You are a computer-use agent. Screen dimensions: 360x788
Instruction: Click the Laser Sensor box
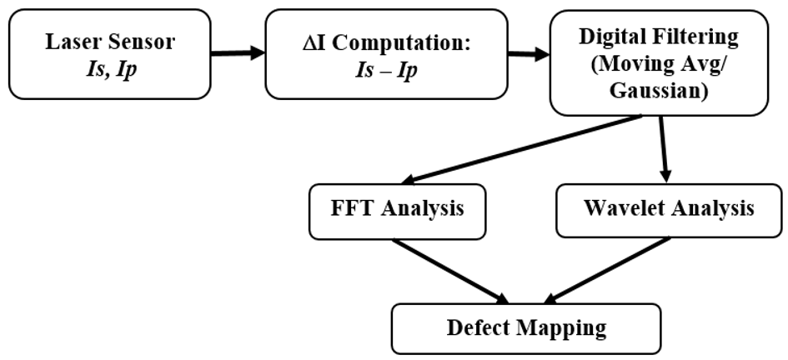pyautogui.click(x=108, y=54)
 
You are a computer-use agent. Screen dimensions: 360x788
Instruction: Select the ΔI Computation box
pyautogui.click(x=386, y=54)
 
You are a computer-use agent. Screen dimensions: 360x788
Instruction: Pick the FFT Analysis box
pyautogui.click(x=398, y=208)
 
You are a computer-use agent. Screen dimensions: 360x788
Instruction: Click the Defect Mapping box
pyautogui.click(x=526, y=327)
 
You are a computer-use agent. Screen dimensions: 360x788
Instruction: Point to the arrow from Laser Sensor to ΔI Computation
pyautogui.click(x=238, y=54)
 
